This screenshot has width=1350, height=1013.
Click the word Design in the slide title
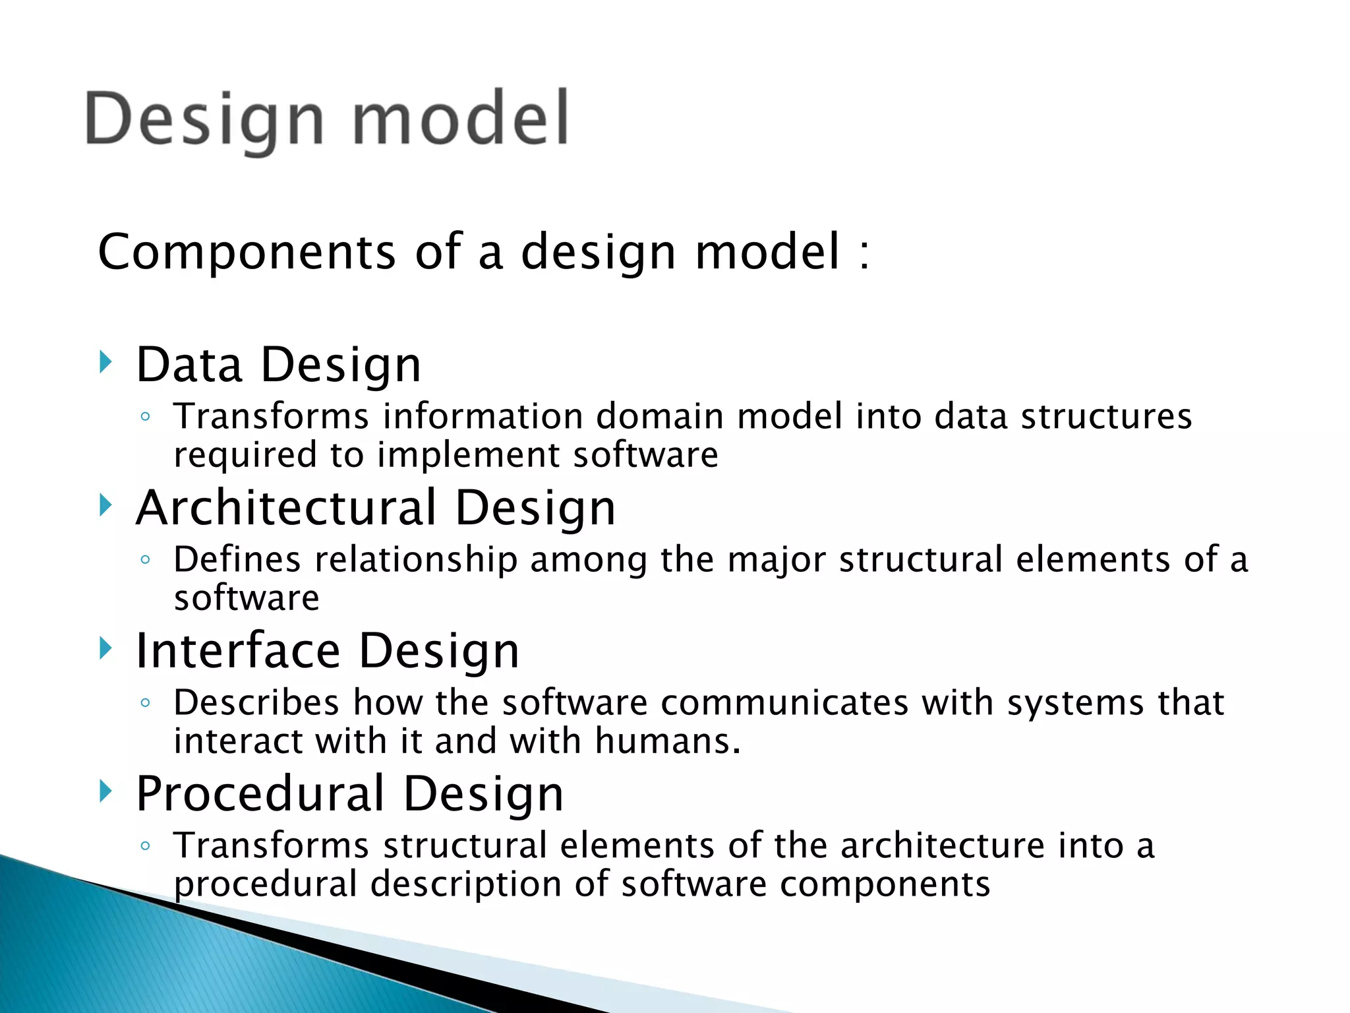coord(204,119)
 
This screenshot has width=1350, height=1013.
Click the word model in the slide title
coord(460,118)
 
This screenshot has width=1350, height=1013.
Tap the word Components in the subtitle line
coord(247,252)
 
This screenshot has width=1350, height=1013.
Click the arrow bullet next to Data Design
coord(105,362)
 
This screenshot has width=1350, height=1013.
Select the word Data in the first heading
coord(189,365)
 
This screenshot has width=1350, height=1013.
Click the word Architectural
coord(286,508)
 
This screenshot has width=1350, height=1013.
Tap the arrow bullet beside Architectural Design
coord(105,505)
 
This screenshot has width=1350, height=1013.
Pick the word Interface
coord(238,651)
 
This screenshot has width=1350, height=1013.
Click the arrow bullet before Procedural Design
coord(105,790)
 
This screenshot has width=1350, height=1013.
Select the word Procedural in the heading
coord(260,794)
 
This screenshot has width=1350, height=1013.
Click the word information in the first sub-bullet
coord(483,417)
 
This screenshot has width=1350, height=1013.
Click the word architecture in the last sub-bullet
coord(943,845)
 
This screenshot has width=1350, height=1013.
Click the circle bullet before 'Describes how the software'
coord(146,703)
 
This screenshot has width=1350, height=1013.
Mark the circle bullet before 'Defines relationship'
coord(146,560)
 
